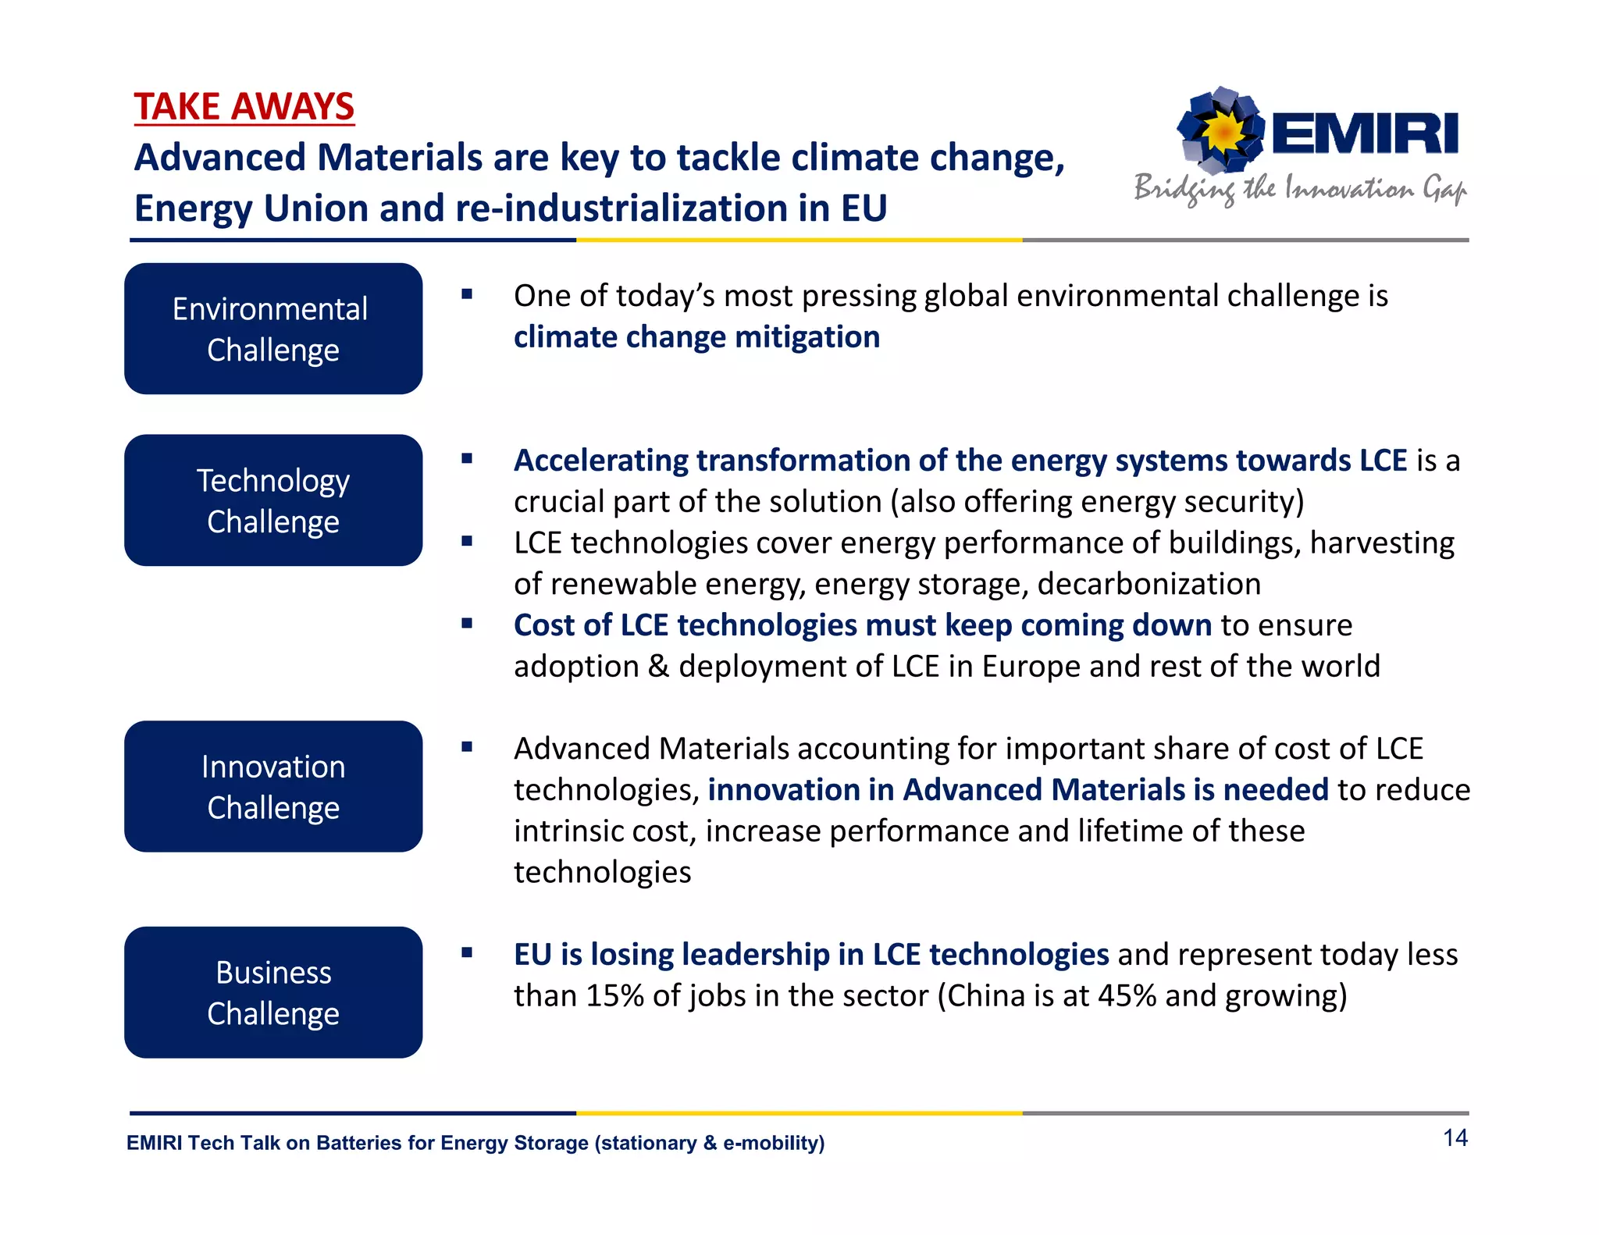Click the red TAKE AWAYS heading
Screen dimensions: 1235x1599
pyautogui.click(x=244, y=106)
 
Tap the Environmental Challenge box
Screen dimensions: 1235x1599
pyautogui.click(x=273, y=329)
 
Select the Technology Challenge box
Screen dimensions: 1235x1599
pyautogui.click(x=273, y=500)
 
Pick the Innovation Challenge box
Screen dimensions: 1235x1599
pyautogui.click(x=273, y=786)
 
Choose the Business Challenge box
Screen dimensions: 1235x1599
pyautogui.click(x=273, y=992)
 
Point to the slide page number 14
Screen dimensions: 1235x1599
pyautogui.click(x=1455, y=1138)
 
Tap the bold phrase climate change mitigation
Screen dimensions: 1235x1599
pyautogui.click(x=696, y=337)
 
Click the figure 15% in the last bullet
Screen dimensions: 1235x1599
pyautogui.click(x=614, y=996)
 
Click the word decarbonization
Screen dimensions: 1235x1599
pyautogui.click(x=1149, y=584)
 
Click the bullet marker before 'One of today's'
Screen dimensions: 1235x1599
pyautogui.click(x=467, y=294)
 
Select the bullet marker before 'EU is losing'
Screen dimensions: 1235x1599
pyautogui.click(x=467, y=952)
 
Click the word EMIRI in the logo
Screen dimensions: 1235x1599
pyautogui.click(x=1365, y=133)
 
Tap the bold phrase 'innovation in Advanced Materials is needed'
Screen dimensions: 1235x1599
pyautogui.click(x=1018, y=790)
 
